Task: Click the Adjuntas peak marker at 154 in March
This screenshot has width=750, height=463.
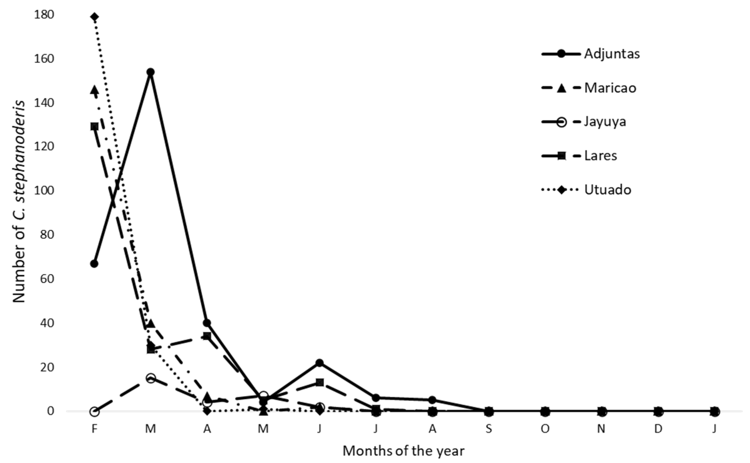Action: tap(150, 72)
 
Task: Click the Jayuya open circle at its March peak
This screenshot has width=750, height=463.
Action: tap(150, 378)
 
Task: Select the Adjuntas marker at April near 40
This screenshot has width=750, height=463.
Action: tap(207, 323)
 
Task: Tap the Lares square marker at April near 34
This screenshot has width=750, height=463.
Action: tap(207, 336)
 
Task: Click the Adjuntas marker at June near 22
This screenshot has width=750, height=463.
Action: tap(320, 363)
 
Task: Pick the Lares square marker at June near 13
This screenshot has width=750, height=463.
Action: tap(320, 382)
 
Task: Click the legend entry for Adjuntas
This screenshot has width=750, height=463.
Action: tap(612, 54)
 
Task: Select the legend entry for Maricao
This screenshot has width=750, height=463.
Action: tap(610, 88)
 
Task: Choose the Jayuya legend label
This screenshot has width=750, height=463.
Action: tap(605, 122)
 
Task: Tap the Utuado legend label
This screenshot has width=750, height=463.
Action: tap(607, 190)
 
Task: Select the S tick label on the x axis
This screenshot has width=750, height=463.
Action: tap(489, 429)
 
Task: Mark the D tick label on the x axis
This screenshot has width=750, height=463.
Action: tap(658, 429)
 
